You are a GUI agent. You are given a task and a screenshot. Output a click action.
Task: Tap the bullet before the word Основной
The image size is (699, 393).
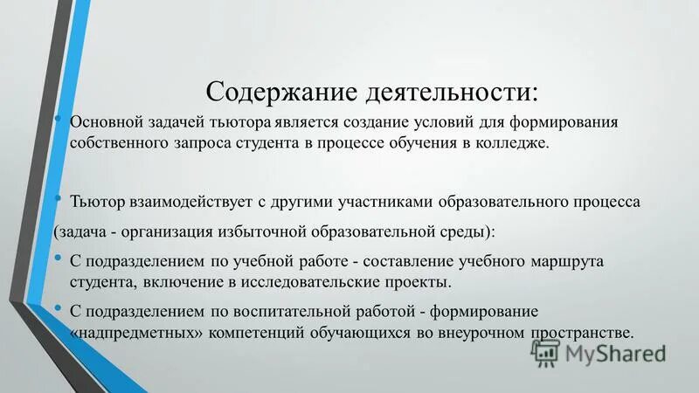click(57, 120)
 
